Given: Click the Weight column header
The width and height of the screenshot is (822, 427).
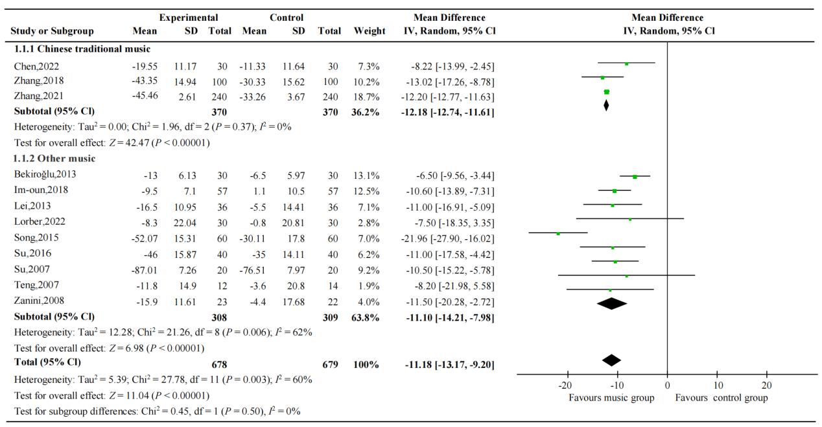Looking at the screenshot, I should [370, 31].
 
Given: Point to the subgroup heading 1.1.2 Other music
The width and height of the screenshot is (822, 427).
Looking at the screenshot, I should [54, 158].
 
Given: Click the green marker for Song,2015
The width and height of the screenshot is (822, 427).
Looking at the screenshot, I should [558, 233].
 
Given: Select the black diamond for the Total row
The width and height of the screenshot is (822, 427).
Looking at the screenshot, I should [611, 360].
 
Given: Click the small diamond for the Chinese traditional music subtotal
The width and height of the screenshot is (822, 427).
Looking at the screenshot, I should [606, 105].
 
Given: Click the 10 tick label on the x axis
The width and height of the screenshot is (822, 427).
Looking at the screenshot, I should [717, 386].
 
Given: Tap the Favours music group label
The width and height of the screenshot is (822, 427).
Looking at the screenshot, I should [611, 398].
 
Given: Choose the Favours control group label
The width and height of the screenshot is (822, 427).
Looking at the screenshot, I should [722, 398].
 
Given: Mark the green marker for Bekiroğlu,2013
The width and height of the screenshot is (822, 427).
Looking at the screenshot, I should [635, 176].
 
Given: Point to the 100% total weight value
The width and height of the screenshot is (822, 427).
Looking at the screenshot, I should [366, 364].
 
